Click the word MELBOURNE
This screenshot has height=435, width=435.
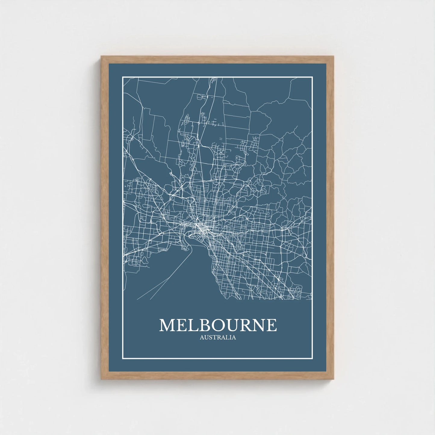click(218, 325)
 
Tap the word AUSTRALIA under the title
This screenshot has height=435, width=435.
click(218, 337)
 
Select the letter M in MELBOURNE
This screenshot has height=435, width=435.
click(167, 325)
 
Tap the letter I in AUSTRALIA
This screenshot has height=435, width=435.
click(230, 337)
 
